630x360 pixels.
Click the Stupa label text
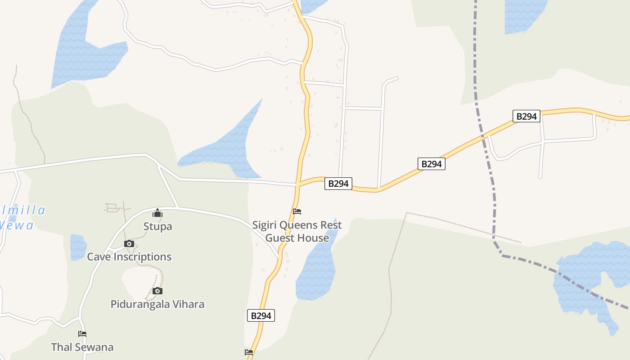tap(157, 226)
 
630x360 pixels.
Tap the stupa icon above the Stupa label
tap(157, 213)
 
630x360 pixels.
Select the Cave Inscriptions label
tap(129, 257)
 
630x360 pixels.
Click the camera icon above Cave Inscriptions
tap(129, 244)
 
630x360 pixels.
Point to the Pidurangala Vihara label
tap(157, 304)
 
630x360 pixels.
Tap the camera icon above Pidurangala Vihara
tap(157, 291)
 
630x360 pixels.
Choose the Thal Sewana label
tap(82, 347)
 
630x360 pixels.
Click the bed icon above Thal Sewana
tap(82, 334)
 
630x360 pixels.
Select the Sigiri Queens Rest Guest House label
tap(297, 231)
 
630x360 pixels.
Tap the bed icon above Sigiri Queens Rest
tap(297, 211)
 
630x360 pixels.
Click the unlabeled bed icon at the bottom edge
tap(249, 352)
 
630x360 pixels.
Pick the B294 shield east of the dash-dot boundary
tap(526, 117)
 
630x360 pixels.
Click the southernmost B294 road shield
tap(261, 316)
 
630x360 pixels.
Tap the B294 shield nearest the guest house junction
tap(338, 184)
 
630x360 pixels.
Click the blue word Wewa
tap(17, 225)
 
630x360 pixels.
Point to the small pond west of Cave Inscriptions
tap(78, 247)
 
